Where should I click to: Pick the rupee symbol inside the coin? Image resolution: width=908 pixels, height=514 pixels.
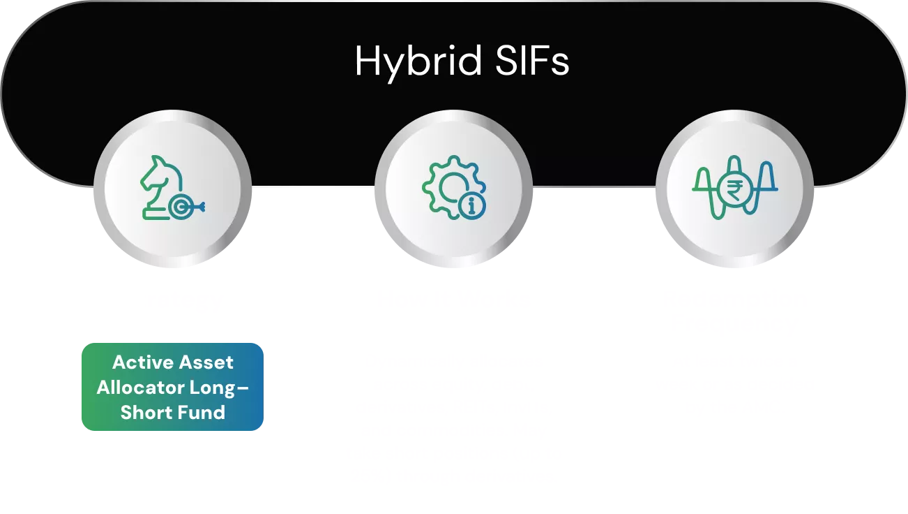click(x=734, y=188)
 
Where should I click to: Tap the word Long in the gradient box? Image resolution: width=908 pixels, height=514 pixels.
click(x=219, y=388)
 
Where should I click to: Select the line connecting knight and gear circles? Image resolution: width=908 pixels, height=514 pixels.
click(x=314, y=187)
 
